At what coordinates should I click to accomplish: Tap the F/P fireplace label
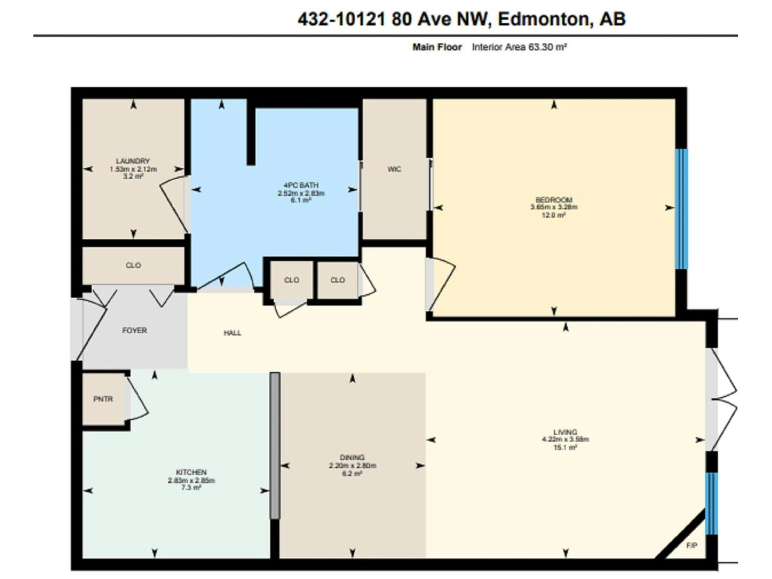pos(691,545)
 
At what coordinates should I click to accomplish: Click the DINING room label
pos(352,457)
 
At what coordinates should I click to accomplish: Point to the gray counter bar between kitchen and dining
pos(275,446)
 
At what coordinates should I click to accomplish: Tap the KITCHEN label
pos(191,472)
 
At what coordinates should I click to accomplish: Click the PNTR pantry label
pos(103,399)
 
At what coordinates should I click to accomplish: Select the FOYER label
pos(134,330)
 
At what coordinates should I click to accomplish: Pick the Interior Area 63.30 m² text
pos(519,47)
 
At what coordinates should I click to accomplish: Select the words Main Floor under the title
pos(437,47)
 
